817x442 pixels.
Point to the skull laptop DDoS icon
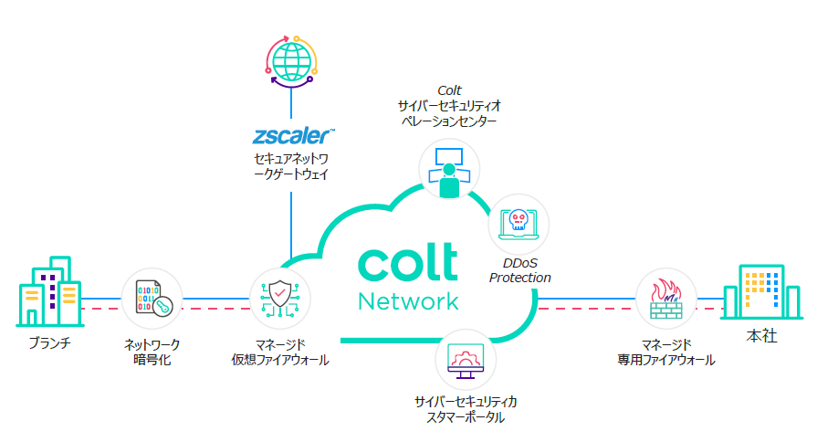click(518, 226)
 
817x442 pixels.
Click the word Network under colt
click(408, 301)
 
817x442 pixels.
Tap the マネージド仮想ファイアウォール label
click(280, 352)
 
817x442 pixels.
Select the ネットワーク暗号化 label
click(152, 352)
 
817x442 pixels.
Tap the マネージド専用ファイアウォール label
click(665, 352)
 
